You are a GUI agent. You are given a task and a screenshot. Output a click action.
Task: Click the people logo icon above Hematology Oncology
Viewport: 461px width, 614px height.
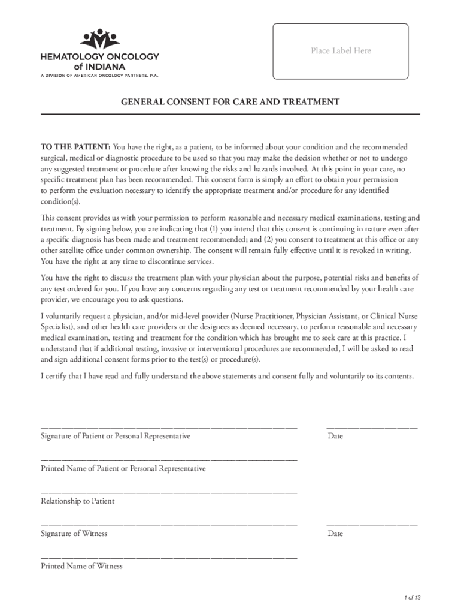tap(100, 40)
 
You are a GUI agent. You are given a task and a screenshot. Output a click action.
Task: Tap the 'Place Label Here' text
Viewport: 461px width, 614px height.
tap(341, 51)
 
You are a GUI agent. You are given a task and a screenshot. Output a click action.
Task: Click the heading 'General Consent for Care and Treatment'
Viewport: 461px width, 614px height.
tap(230, 102)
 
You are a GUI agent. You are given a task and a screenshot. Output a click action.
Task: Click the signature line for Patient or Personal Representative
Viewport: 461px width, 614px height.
tap(169, 427)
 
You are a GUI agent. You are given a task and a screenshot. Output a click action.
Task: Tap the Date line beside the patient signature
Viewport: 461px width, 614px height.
tap(372, 427)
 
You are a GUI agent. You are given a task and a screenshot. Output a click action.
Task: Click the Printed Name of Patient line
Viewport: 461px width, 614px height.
tap(169, 459)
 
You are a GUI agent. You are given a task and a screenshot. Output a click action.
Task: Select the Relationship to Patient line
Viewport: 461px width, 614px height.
tap(169, 492)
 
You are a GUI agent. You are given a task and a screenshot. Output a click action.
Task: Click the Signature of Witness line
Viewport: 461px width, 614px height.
tap(169, 525)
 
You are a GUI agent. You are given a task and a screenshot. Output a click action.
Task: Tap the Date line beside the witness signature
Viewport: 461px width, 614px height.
tap(372, 525)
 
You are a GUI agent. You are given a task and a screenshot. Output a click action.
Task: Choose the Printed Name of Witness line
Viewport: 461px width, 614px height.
tap(169, 557)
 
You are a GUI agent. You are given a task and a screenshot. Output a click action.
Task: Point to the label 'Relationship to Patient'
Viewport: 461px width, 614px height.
tap(77, 501)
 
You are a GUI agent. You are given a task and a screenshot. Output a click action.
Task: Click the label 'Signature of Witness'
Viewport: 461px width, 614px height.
tap(74, 534)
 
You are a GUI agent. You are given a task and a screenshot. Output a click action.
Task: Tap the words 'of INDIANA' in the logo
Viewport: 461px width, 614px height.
tap(100, 67)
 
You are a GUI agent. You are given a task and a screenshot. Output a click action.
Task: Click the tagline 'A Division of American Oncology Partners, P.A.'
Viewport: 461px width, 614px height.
tap(100, 76)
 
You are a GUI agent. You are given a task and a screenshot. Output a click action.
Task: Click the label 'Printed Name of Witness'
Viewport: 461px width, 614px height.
tap(81, 566)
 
